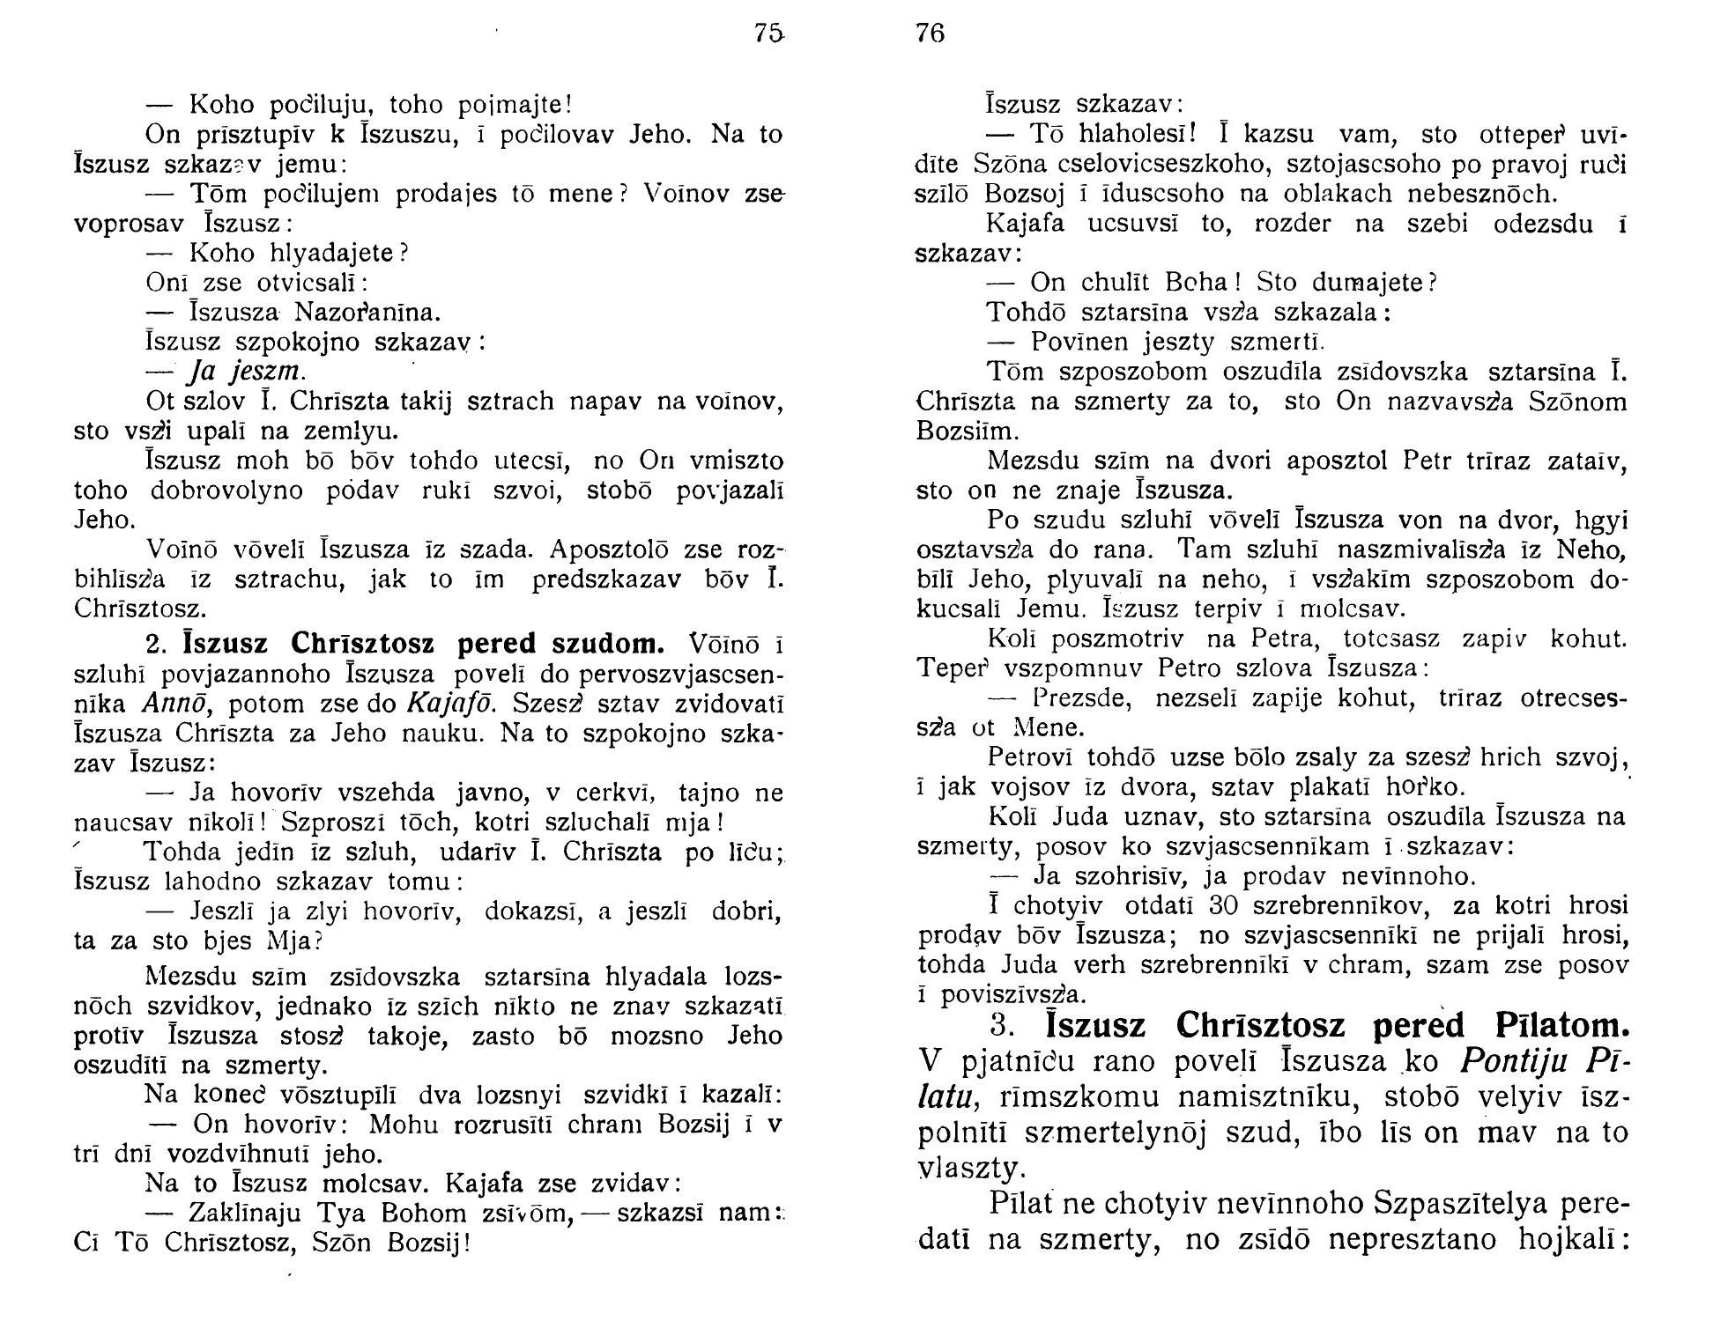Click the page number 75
coord(768,33)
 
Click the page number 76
coord(930,33)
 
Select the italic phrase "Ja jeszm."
coord(248,371)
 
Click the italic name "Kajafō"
coord(445,704)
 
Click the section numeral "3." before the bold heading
coord(1005,1026)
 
